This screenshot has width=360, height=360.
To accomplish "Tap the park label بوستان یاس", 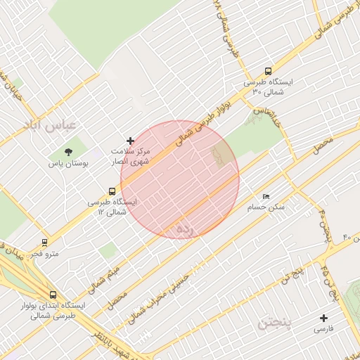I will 67,163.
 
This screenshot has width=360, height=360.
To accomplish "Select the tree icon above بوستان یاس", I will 68,151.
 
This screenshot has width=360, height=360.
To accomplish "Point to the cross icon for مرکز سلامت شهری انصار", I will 130,141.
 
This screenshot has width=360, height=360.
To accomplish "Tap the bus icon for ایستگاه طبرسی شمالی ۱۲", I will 112,191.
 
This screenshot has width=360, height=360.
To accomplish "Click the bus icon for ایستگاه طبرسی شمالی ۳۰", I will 267,71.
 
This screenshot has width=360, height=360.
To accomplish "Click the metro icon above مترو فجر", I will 45,242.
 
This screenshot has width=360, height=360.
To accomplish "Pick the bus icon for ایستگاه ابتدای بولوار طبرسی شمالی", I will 53,295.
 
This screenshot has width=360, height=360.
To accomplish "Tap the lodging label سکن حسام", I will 266,207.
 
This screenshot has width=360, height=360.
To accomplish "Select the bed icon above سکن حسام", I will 265,196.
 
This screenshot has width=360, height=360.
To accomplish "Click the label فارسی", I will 323,328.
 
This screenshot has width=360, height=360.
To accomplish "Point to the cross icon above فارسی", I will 323,317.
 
